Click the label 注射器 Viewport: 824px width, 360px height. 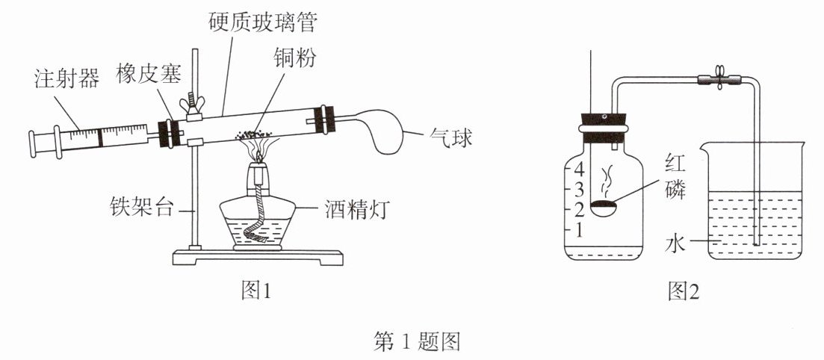[x=66, y=78]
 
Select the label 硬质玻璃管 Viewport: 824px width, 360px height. [x=264, y=22]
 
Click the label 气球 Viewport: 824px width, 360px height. [x=450, y=137]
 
